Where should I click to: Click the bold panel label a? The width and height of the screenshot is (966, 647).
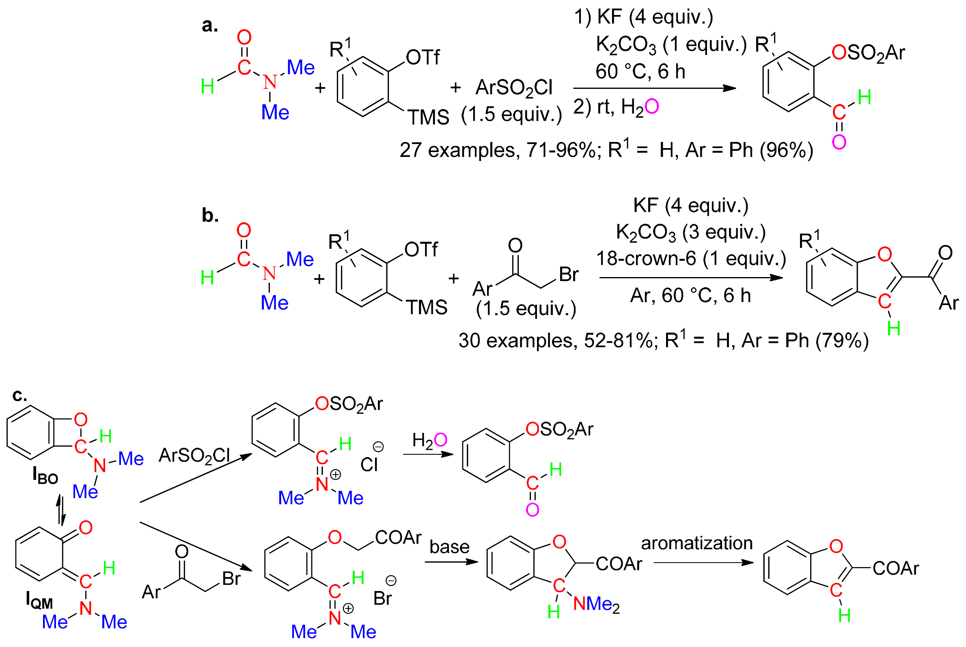coord(209,26)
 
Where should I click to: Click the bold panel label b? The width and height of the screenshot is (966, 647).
coord(210,215)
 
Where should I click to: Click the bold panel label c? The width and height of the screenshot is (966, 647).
coord(19,395)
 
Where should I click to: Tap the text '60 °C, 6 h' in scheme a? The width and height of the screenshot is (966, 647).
coord(640,72)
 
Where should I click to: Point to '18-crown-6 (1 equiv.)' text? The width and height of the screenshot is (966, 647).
coord(691,259)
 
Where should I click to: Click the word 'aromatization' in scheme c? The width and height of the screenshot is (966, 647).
coord(697,543)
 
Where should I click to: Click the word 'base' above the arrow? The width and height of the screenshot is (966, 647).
coord(449,547)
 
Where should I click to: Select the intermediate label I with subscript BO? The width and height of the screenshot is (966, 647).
coord(45,475)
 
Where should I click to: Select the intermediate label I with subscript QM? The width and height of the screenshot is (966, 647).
coord(39,600)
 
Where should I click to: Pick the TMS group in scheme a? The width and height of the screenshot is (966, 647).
coord(428,118)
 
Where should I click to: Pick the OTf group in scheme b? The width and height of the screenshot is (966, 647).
coord(420,249)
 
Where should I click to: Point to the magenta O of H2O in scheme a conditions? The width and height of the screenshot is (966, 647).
coord(651,107)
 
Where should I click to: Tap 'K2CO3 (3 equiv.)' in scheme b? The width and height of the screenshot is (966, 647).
coord(691,233)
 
